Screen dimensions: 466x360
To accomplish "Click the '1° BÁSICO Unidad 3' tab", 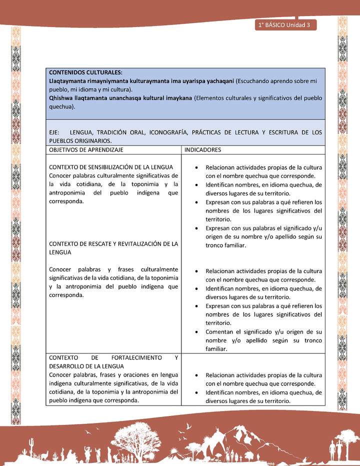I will [x=285, y=25].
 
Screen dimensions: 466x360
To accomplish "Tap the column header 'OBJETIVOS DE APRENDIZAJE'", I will [x=86, y=149].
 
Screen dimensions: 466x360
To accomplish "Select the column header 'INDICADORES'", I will [x=203, y=149].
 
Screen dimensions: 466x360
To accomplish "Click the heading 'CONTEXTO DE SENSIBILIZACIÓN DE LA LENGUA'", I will [x=111, y=167].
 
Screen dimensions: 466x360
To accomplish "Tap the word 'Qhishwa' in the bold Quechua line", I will [x=60, y=98].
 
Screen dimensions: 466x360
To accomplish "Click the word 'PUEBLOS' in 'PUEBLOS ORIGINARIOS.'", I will [x=62, y=141].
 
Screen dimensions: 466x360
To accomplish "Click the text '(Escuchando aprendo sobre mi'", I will [x=280, y=81].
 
